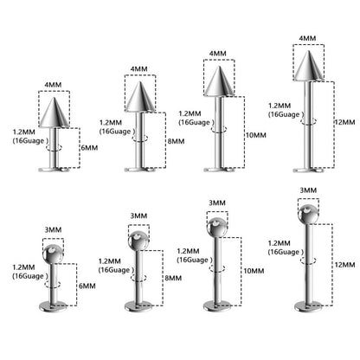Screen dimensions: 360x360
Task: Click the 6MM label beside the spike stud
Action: pos(89,148)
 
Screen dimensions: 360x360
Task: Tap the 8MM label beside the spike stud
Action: pos(176,141)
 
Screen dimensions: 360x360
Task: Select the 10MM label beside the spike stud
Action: pos(256,135)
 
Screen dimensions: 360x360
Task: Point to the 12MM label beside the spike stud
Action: pos(344,122)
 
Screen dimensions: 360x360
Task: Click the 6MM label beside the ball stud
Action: pos(87,286)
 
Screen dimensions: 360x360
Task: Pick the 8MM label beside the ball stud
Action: pos(173,278)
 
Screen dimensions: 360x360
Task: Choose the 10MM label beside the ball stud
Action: pos(254,271)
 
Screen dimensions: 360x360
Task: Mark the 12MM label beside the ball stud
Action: pos(344,264)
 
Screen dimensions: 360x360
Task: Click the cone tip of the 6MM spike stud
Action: pos(54,98)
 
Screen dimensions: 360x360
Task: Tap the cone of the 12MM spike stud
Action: pos(309,66)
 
